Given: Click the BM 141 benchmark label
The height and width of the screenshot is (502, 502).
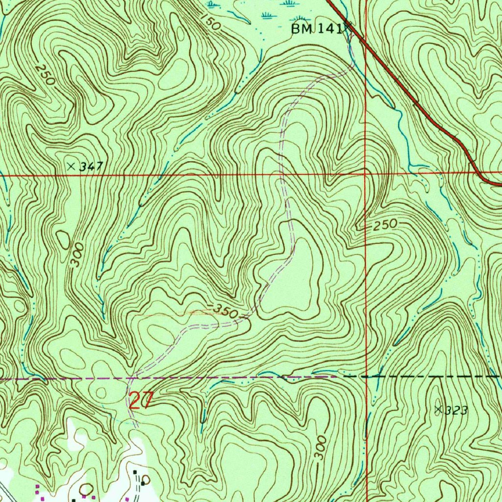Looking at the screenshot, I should click(316, 29).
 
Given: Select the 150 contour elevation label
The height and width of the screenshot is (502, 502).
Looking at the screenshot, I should click(210, 22).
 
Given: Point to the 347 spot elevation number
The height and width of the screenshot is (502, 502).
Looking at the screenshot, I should click(92, 167).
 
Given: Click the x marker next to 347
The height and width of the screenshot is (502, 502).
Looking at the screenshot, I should click(72, 167).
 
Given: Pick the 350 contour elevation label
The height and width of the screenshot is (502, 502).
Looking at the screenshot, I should click(226, 311).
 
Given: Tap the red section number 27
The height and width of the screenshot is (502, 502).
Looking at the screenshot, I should click(141, 400).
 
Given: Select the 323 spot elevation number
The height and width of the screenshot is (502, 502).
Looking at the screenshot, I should click(456, 410).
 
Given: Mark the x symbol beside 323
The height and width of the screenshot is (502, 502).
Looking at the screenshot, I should click(438, 408).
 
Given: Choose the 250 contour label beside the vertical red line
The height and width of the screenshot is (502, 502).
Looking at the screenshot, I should click(384, 226).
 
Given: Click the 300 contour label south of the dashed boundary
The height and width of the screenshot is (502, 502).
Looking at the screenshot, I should click(320, 448).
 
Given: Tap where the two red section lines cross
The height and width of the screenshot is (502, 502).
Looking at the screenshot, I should click(366, 174).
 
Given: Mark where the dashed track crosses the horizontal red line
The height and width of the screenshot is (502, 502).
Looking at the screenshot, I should click(281, 174).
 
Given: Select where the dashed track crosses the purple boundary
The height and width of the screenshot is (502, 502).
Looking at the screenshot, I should click(132, 378).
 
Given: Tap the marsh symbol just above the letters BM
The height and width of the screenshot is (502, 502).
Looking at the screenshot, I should click(290, 4).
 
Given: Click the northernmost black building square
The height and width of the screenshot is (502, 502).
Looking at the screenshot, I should click(135, 472).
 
